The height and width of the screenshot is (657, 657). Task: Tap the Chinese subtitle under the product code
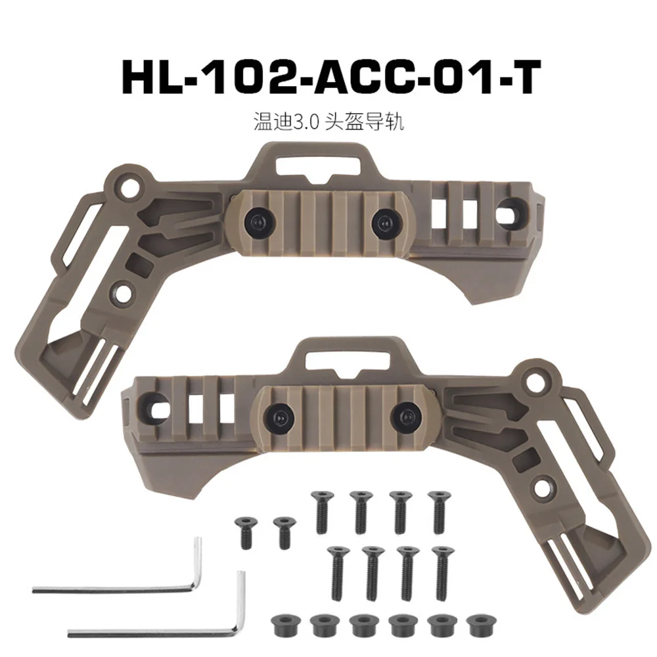pyautogui.click(x=328, y=122)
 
